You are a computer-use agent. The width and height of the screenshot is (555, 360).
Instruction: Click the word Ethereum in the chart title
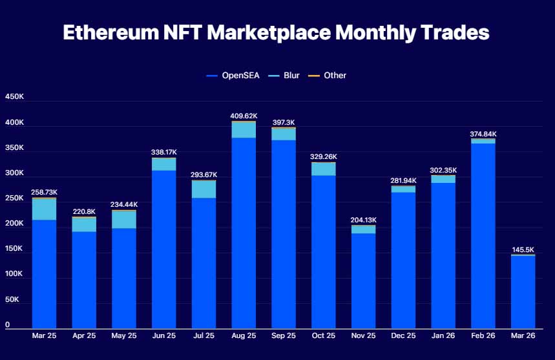click(x=111, y=32)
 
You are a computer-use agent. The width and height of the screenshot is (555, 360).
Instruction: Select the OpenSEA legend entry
click(x=233, y=76)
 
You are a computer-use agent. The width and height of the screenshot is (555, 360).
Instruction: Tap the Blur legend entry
click(x=284, y=76)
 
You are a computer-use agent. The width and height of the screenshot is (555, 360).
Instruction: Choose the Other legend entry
click(x=327, y=76)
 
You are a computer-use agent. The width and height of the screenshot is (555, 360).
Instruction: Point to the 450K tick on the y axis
click(x=14, y=97)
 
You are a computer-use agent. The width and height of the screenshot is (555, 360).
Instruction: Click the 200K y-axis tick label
click(x=14, y=224)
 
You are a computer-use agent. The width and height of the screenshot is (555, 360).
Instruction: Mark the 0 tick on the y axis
click(x=8, y=324)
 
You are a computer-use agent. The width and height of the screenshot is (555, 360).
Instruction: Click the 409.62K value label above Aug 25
click(x=244, y=116)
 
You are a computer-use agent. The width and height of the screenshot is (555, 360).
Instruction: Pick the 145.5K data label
click(x=523, y=249)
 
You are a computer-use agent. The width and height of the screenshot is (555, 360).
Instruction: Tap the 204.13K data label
click(x=364, y=220)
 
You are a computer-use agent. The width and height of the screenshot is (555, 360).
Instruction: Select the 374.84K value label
click(x=483, y=134)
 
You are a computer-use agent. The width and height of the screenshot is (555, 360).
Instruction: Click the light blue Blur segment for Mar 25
click(x=44, y=209)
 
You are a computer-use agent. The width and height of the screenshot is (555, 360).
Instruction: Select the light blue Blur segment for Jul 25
click(x=204, y=189)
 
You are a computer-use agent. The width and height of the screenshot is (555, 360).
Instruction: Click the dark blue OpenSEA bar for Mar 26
click(x=523, y=292)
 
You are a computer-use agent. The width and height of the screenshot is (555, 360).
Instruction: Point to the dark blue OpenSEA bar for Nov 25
click(x=364, y=281)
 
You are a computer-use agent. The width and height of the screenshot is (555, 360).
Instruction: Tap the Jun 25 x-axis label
click(x=164, y=335)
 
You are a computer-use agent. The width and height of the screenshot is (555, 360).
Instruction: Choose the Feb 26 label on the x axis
click(x=483, y=335)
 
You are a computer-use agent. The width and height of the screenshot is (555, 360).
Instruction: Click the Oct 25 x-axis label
click(x=324, y=335)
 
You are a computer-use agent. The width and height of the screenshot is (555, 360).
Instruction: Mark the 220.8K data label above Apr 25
click(x=84, y=212)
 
